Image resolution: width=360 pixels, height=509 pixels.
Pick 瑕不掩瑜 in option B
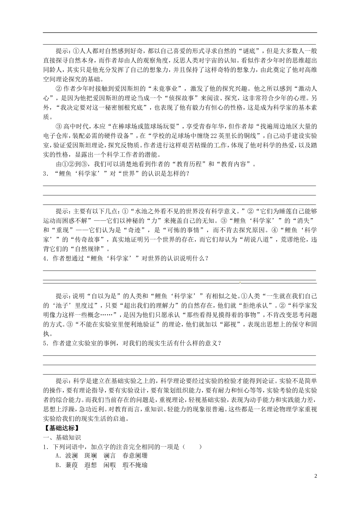click(x=135, y=465)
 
